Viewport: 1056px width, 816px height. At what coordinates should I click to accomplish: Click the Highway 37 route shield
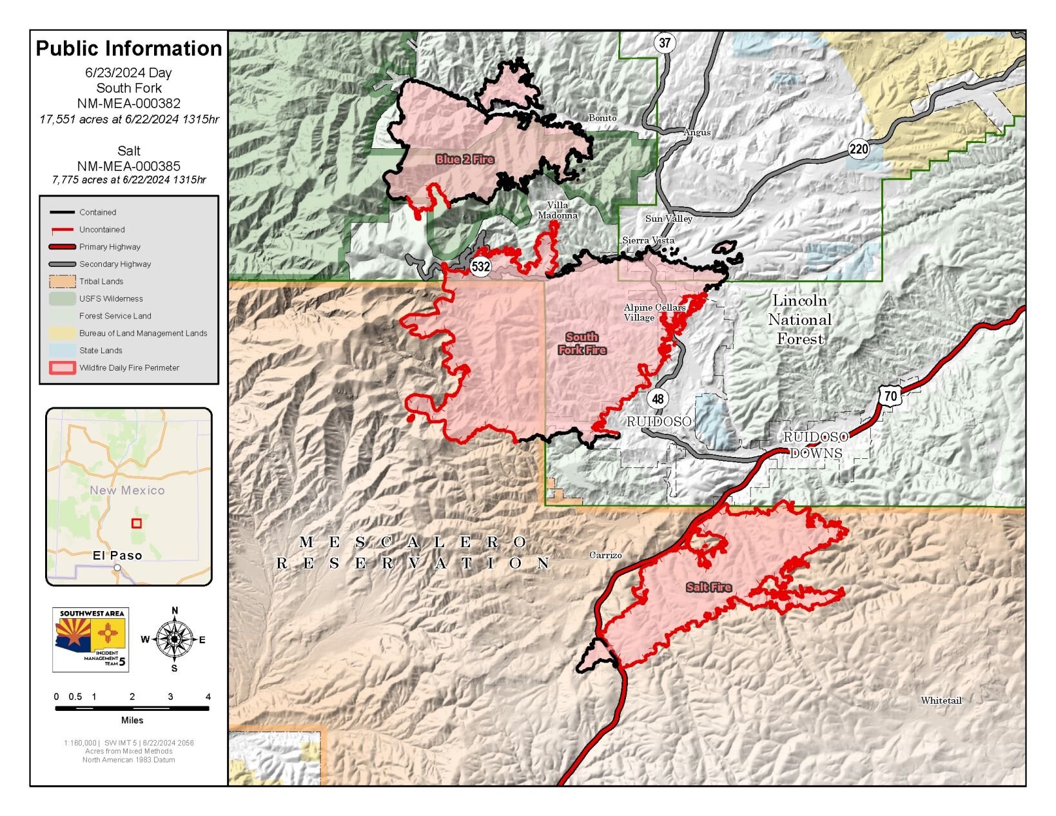(x=665, y=43)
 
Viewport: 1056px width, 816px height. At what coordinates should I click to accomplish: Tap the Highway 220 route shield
(x=858, y=150)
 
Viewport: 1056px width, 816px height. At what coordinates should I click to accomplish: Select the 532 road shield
(x=480, y=266)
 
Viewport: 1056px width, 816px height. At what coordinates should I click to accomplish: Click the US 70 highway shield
(x=890, y=395)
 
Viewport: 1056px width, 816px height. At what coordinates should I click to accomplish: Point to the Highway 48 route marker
(x=658, y=398)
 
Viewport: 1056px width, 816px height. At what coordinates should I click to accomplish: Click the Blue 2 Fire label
(x=465, y=159)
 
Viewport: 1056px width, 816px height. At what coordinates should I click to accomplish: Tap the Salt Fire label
(x=709, y=587)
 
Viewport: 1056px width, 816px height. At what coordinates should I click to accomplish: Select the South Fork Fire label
(x=582, y=344)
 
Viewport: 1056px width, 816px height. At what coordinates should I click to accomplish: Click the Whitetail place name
(x=941, y=700)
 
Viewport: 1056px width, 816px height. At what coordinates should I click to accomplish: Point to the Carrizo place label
(x=605, y=555)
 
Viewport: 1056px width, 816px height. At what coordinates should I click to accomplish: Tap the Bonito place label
(x=602, y=118)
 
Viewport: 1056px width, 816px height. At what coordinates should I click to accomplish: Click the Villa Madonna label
(x=558, y=210)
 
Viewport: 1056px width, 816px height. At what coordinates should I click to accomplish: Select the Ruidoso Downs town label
(x=816, y=445)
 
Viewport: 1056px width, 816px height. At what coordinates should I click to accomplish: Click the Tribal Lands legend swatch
(x=62, y=282)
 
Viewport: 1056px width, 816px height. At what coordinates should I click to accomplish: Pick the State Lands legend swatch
(x=62, y=351)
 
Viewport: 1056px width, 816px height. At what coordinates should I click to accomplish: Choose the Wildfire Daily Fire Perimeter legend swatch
(x=62, y=368)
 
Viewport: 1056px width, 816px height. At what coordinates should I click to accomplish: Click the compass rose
(x=174, y=639)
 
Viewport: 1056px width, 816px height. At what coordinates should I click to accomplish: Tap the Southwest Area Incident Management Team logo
(x=91, y=639)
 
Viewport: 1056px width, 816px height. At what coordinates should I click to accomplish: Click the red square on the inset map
(x=137, y=523)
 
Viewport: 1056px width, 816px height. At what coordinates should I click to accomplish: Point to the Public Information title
(x=128, y=48)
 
